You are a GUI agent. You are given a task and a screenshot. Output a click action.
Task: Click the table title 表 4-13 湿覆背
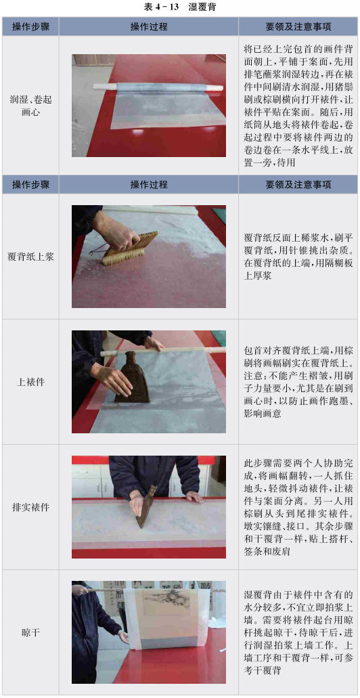(x=180, y=7)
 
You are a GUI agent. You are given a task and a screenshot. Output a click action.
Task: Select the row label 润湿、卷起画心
(x=30, y=106)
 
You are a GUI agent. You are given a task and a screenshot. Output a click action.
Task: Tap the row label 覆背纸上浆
(x=30, y=257)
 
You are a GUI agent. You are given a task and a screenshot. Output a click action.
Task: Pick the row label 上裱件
(x=30, y=382)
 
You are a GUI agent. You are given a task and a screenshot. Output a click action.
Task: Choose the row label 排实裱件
(x=30, y=507)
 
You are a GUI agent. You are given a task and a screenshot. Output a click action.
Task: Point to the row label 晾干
(x=30, y=632)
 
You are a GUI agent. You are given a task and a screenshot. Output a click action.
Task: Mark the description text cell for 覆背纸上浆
(x=297, y=257)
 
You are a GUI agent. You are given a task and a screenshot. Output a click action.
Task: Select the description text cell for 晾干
(x=297, y=632)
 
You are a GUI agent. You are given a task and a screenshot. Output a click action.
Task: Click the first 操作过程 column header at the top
(x=149, y=26)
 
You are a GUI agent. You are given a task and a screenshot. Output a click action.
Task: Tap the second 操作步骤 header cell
(x=30, y=184)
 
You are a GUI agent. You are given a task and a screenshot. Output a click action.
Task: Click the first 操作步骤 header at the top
(x=30, y=26)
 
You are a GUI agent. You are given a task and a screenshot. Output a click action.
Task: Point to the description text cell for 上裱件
(x=297, y=381)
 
